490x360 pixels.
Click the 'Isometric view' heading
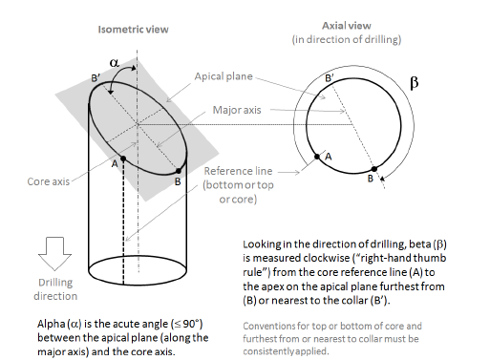point(133,30)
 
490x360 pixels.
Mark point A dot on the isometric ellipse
point(123,158)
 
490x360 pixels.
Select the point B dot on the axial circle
point(373,168)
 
